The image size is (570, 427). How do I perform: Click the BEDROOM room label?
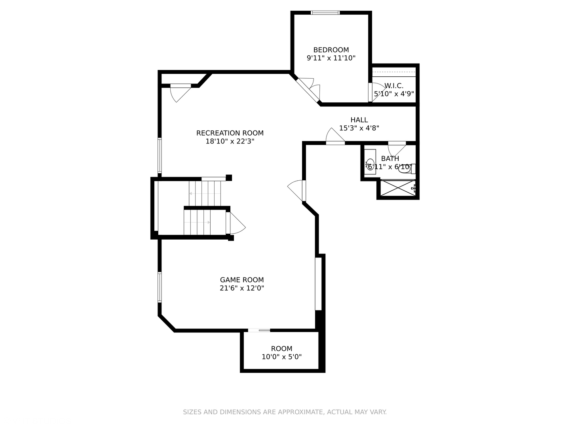pos(331,50)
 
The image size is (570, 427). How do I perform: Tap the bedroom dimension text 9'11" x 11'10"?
pos(331,58)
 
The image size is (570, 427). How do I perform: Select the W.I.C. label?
pos(394,85)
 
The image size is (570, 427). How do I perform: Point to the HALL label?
pos(359,120)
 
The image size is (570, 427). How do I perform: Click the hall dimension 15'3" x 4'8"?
pos(359,128)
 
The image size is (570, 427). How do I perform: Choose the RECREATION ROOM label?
pos(230,133)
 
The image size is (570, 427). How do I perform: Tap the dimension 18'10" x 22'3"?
pos(230,141)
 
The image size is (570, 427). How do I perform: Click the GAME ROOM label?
pos(242,280)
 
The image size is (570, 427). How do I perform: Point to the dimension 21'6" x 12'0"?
pos(242,288)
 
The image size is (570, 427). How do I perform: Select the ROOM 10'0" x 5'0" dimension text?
pos(281,357)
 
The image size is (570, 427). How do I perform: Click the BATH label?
pos(390,159)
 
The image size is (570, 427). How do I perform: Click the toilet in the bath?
pos(407,169)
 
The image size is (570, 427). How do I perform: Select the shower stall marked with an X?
pos(398,188)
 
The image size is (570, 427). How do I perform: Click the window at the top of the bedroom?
pos(325,13)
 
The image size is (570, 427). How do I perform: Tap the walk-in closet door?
pos(376,92)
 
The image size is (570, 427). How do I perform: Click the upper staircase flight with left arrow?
pos(205,193)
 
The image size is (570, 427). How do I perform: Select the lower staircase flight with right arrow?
pos(197,222)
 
